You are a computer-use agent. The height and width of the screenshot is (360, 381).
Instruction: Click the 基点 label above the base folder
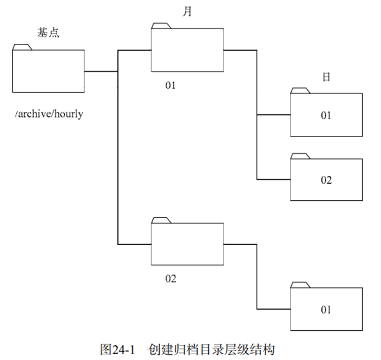click(x=48, y=33)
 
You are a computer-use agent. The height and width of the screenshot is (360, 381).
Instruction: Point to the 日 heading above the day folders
click(x=326, y=77)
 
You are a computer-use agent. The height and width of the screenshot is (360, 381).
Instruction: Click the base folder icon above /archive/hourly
click(x=48, y=71)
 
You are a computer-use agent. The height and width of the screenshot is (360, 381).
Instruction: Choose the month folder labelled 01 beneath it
click(x=187, y=50)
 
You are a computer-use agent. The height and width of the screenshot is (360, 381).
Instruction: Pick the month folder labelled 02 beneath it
click(x=187, y=244)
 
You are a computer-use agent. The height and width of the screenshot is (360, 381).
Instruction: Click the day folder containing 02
click(x=326, y=180)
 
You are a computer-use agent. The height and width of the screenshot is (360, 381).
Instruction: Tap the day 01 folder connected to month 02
click(x=326, y=309)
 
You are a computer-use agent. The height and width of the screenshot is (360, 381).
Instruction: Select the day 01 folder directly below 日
click(x=326, y=115)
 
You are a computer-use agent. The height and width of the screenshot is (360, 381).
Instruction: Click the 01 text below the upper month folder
click(x=171, y=85)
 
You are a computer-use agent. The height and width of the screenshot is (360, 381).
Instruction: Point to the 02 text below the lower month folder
click(x=171, y=279)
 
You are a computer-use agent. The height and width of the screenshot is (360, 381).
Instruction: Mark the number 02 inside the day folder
click(x=326, y=180)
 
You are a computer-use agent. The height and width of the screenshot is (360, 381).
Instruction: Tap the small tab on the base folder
click(x=22, y=47)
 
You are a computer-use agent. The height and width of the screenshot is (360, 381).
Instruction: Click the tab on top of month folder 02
click(x=161, y=220)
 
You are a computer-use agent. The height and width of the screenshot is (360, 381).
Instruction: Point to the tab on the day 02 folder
click(x=300, y=155)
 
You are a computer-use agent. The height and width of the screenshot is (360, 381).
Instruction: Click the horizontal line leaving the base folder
click(x=101, y=71)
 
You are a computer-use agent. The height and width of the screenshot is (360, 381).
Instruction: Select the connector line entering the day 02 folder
click(x=274, y=179)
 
